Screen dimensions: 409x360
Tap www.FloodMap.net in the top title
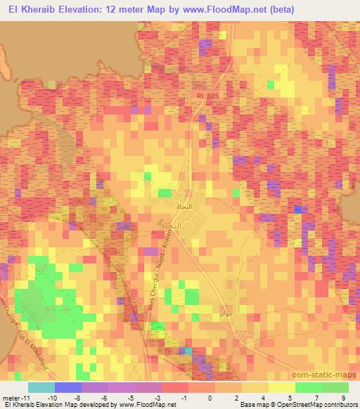click(x=224, y=9)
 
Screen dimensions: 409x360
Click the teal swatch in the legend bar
click(x=41, y=387)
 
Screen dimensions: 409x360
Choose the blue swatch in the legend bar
click(x=67, y=387)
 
